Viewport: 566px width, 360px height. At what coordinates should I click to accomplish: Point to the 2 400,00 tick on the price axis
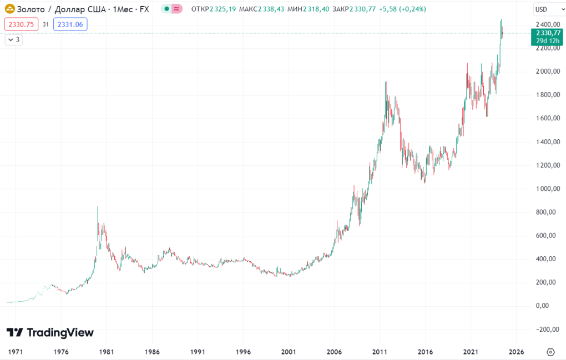click(547, 25)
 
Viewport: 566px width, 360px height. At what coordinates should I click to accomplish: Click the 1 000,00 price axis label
click(547, 189)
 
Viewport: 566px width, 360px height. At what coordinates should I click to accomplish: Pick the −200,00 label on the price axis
click(547, 329)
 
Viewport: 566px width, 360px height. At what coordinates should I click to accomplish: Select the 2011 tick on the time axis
click(380, 352)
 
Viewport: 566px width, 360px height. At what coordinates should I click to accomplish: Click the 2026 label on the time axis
click(516, 352)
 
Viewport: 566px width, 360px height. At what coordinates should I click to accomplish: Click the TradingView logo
click(50, 332)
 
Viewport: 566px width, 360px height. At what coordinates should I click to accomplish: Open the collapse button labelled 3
click(13, 39)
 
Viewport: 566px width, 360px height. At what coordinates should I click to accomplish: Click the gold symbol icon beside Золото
click(10, 9)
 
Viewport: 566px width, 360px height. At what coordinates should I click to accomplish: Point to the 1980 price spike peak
click(98, 207)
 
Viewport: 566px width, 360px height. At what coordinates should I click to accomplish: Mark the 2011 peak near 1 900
click(386, 82)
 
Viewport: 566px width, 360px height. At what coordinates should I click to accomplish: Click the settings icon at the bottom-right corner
click(550, 352)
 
